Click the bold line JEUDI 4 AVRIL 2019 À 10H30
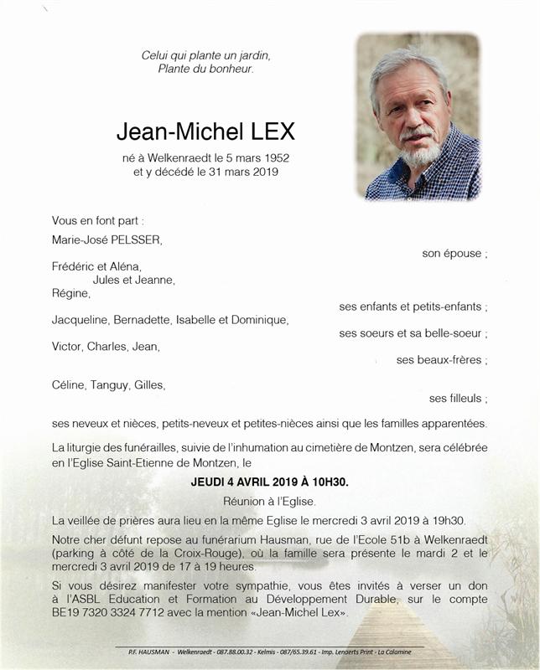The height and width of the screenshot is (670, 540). tap(269, 482)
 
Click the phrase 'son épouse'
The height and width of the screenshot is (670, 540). tap(454, 253)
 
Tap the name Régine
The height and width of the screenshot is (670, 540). tap(70, 293)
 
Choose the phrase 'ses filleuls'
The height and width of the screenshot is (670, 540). tap(457, 399)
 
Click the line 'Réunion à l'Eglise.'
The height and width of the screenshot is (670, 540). tap(269, 502)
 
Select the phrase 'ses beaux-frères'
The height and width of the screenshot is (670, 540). tap(441, 360)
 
